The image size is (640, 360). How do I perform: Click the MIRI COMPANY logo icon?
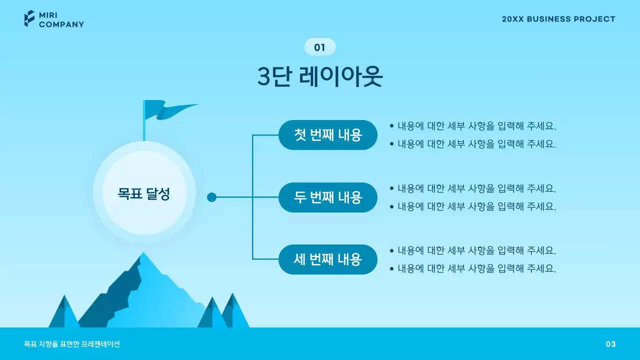[29, 18]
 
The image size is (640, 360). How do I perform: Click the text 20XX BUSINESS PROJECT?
[558, 19]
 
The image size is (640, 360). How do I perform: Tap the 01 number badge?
[320, 47]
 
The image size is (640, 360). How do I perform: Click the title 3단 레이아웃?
[320, 76]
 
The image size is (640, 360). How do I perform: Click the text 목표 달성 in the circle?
[144, 194]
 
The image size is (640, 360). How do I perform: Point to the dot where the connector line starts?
[211, 197]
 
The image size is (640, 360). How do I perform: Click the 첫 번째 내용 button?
[327, 135]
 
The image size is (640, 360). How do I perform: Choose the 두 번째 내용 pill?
[327, 197]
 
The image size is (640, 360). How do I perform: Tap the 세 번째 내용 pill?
[327, 259]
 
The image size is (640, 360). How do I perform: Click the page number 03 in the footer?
[610, 344]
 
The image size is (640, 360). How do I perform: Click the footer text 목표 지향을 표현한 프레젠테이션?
[72, 344]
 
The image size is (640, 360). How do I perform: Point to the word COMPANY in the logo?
[61, 24]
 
